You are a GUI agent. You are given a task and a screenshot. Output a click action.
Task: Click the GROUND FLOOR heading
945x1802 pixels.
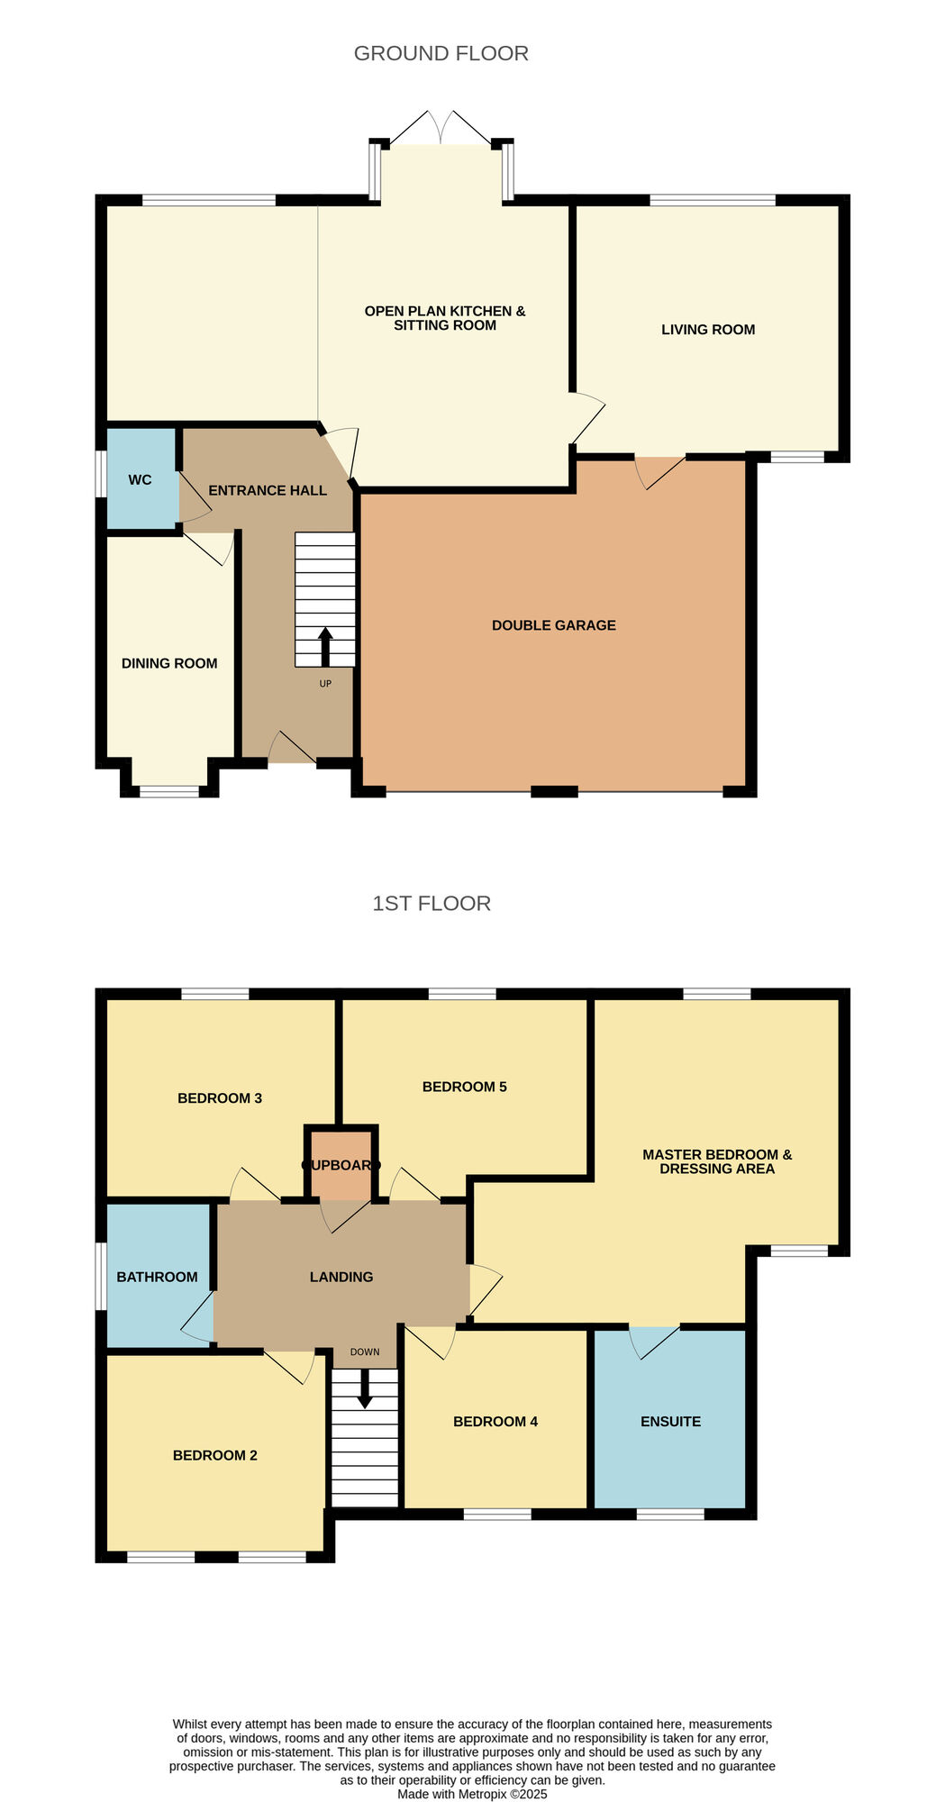[441, 53]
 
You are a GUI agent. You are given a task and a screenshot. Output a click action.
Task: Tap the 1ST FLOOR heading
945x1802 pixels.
[432, 903]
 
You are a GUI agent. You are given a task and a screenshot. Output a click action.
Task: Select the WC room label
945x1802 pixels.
[140, 480]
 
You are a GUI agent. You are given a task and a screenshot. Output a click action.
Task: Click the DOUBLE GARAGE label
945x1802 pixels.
[554, 625]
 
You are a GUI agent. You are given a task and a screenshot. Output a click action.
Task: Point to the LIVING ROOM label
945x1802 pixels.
[708, 330]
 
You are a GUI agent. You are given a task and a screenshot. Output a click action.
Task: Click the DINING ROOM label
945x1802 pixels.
[169, 663]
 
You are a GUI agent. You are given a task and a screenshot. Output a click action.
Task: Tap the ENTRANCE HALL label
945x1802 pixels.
[268, 490]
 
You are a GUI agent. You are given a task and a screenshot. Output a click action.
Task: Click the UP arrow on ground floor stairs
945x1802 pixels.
[325, 646]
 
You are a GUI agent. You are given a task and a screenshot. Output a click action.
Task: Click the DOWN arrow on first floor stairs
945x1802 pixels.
[364, 1388]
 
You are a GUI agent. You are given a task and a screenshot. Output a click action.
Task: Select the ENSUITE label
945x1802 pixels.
[670, 1422]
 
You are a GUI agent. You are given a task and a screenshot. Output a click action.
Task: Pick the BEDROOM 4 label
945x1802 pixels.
[495, 1422]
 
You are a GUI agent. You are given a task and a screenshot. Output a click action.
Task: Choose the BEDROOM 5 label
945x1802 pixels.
[465, 1087]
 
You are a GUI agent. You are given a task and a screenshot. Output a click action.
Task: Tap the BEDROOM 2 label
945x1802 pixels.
[215, 1455]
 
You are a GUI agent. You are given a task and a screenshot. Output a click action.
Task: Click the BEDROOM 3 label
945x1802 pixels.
[220, 1098]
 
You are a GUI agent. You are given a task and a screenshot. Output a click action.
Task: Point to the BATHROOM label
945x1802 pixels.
[157, 1277]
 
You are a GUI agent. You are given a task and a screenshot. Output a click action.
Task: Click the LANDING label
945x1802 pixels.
[341, 1277]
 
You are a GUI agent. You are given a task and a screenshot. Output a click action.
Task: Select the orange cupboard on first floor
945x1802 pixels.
[341, 1165]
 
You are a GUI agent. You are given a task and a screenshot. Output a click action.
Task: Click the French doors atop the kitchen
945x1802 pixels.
[441, 128]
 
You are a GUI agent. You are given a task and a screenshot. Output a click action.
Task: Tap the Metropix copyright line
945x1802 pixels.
[472, 1794]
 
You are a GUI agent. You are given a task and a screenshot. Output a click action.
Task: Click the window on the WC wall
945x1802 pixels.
[102, 473]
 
